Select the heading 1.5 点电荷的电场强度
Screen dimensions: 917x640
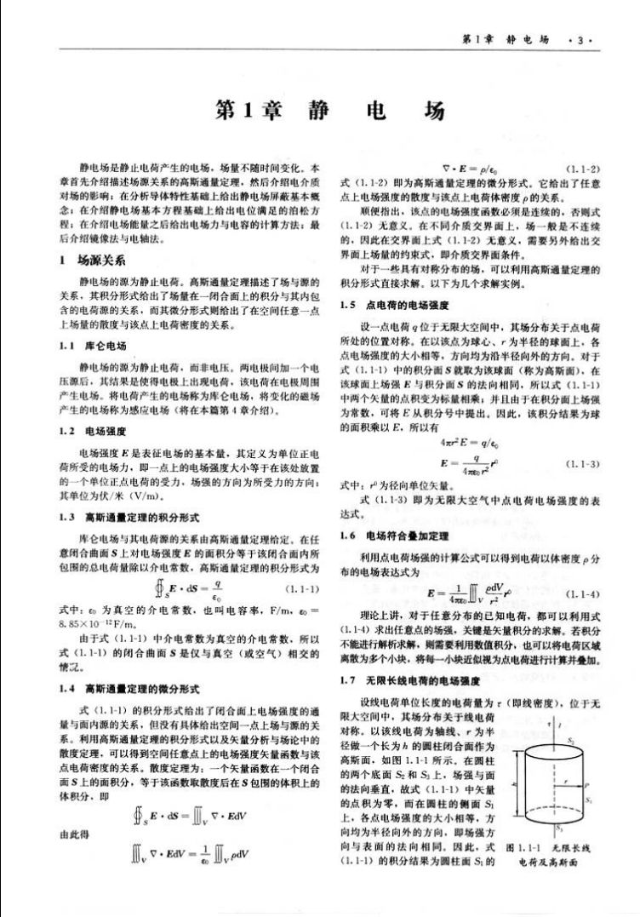pos(386,304)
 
